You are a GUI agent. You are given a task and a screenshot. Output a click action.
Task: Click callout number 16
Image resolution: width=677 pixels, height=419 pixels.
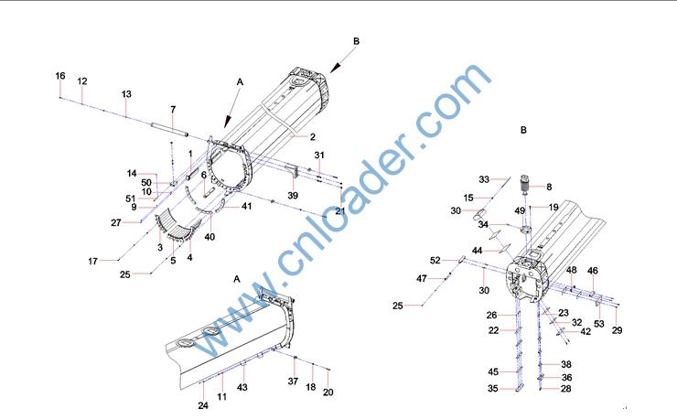[x=60, y=76]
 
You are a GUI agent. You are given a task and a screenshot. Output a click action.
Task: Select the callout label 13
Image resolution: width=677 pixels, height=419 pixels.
[x=126, y=94]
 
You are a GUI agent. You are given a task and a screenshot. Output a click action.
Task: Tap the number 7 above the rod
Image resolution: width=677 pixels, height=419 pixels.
[x=173, y=110]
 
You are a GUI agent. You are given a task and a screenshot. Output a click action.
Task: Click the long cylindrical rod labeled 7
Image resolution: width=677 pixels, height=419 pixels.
[x=169, y=129]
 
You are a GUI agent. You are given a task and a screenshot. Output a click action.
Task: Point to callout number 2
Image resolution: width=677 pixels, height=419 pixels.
[x=313, y=137]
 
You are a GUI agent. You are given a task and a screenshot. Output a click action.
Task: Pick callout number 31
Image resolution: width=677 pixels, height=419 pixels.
[x=319, y=156]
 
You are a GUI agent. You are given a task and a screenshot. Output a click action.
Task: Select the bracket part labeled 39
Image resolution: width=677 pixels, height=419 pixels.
[x=293, y=170]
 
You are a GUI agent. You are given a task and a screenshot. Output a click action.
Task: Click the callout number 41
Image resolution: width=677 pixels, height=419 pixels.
[x=246, y=207]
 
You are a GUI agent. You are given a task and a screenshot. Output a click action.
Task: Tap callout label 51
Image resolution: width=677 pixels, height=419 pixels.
[x=131, y=199]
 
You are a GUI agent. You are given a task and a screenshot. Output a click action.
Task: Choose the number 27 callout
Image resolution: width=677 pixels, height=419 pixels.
[x=115, y=223]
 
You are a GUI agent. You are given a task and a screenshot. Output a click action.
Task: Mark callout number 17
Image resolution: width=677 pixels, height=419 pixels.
[x=92, y=262]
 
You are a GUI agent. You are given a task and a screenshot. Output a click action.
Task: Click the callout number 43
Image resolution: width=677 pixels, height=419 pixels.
[x=242, y=388]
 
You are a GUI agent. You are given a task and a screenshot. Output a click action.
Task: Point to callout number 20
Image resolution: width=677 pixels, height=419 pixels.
[x=328, y=392]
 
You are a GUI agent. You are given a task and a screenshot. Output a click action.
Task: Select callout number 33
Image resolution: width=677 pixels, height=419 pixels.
[x=484, y=179]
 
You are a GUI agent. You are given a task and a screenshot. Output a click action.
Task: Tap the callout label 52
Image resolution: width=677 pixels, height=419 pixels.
[x=435, y=261]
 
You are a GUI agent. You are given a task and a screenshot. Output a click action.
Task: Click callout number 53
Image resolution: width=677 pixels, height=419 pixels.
[x=599, y=324]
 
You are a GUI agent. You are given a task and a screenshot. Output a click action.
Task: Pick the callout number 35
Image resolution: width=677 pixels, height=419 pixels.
[x=493, y=389]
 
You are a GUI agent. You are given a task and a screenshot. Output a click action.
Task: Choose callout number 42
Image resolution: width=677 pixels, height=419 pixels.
[x=586, y=332]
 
